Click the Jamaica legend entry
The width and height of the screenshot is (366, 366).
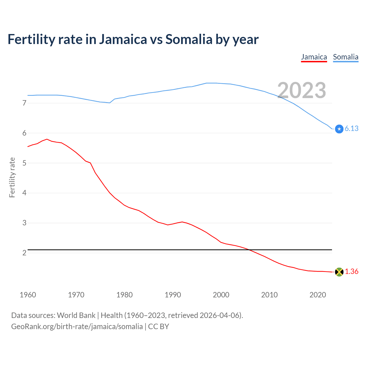point(314,57)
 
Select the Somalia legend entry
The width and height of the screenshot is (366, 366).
point(345,57)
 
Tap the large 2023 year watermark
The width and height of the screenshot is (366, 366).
point(302,90)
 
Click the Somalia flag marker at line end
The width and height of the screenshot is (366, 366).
point(339,129)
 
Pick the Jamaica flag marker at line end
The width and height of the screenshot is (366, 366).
point(339,272)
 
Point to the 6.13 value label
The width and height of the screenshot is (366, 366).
point(351,129)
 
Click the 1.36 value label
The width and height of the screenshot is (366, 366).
point(351,272)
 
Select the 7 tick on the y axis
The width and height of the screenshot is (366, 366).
point(24,103)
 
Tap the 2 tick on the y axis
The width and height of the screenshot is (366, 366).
point(24,253)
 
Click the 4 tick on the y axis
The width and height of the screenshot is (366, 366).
point(24,193)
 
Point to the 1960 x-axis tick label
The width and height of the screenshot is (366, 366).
point(28,295)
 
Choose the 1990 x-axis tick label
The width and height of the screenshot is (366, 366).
point(173,295)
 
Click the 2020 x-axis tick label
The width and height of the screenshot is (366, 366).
point(318,295)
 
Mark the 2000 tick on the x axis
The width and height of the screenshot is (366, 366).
point(221,295)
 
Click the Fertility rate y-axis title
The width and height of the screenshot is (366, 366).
point(12,177)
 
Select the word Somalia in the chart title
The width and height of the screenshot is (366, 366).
point(188,39)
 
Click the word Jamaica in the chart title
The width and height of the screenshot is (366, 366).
point(123,39)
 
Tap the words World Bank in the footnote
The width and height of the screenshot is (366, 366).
point(76,315)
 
